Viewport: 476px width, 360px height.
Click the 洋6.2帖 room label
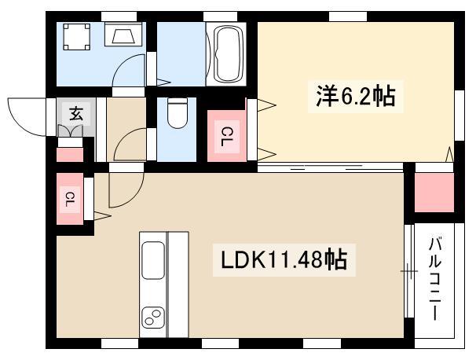[x=356, y=97]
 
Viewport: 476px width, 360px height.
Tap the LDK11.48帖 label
[x=284, y=259]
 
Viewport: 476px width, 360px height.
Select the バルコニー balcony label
[x=434, y=278]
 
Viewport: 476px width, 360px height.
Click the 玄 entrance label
[x=76, y=114]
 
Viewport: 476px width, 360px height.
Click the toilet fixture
[x=178, y=113]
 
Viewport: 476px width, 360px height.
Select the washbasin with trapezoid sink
[x=123, y=34]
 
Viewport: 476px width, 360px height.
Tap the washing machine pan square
[x=76, y=36]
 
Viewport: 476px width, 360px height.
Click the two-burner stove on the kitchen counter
[x=153, y=318]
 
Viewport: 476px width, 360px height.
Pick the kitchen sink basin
[x=153, y=260]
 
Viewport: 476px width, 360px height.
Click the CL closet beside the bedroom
[x=226, y=136]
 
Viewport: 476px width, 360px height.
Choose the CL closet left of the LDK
[x=70, y=199]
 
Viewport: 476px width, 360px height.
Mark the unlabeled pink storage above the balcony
[x=434, y=193]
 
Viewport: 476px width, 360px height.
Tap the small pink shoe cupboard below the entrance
[x=70, y=155]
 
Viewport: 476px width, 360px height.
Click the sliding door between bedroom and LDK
[x=330, y=167]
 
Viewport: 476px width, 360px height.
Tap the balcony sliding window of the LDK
[x=409, y=270]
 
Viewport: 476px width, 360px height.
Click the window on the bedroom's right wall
[x=460, y=116]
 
